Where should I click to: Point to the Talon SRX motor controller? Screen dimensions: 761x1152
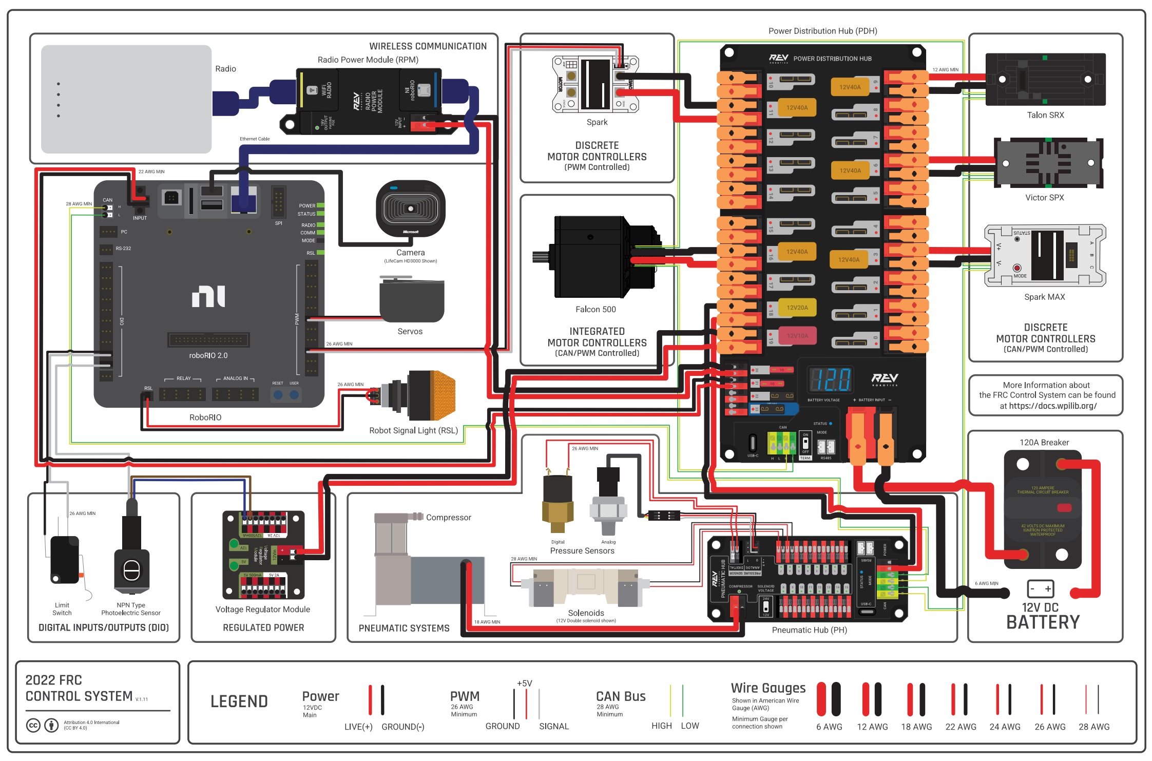[x=1045, y=80]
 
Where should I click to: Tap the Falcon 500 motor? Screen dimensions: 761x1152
[x=596, y=257]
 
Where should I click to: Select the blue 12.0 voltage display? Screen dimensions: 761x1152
[x=829, y=380]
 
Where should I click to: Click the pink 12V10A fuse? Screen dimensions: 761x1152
[x=797, y=336]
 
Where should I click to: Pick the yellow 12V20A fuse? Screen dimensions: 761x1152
[x=797, y=308]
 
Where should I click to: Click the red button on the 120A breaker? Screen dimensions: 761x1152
[x=1064, y=508]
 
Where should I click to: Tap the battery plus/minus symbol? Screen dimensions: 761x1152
[x=1041, y=588]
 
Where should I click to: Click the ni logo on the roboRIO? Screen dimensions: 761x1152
[x=208, y=296]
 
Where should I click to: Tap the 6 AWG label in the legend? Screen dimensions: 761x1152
[x=829, y=727]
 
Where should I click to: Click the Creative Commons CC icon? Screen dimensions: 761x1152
[x=33, y=725]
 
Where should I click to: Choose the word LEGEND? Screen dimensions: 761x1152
[x=239, y=701]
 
